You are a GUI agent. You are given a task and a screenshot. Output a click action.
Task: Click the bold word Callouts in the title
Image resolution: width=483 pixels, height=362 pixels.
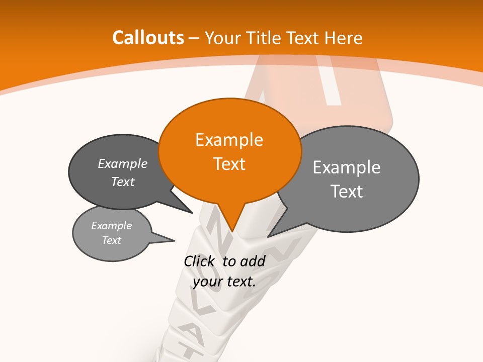click(x=148, y=38)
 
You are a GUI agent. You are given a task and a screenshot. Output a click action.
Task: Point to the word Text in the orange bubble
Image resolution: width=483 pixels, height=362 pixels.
click(x=229, y=163)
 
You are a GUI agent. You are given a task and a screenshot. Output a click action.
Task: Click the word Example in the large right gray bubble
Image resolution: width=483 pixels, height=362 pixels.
click(x=347, y=167)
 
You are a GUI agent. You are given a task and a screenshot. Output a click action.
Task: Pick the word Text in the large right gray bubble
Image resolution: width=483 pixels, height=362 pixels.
click(x=347, y=191)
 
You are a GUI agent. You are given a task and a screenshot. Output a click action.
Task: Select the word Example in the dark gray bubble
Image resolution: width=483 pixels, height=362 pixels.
click(x=123, y=163)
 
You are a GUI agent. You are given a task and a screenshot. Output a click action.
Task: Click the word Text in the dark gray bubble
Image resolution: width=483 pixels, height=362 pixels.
click(x=123, y=182)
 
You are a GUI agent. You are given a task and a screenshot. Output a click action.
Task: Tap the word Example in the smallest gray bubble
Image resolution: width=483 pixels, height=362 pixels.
click(x=112, y=226)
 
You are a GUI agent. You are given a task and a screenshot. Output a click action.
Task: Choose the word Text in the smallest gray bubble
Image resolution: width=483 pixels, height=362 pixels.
click(x=112, y=240)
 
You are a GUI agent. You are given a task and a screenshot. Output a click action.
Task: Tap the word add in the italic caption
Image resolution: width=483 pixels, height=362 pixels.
click(x=253, y=261)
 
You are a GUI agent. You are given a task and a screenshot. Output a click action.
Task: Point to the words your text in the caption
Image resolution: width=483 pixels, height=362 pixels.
click(x=224, y=282)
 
